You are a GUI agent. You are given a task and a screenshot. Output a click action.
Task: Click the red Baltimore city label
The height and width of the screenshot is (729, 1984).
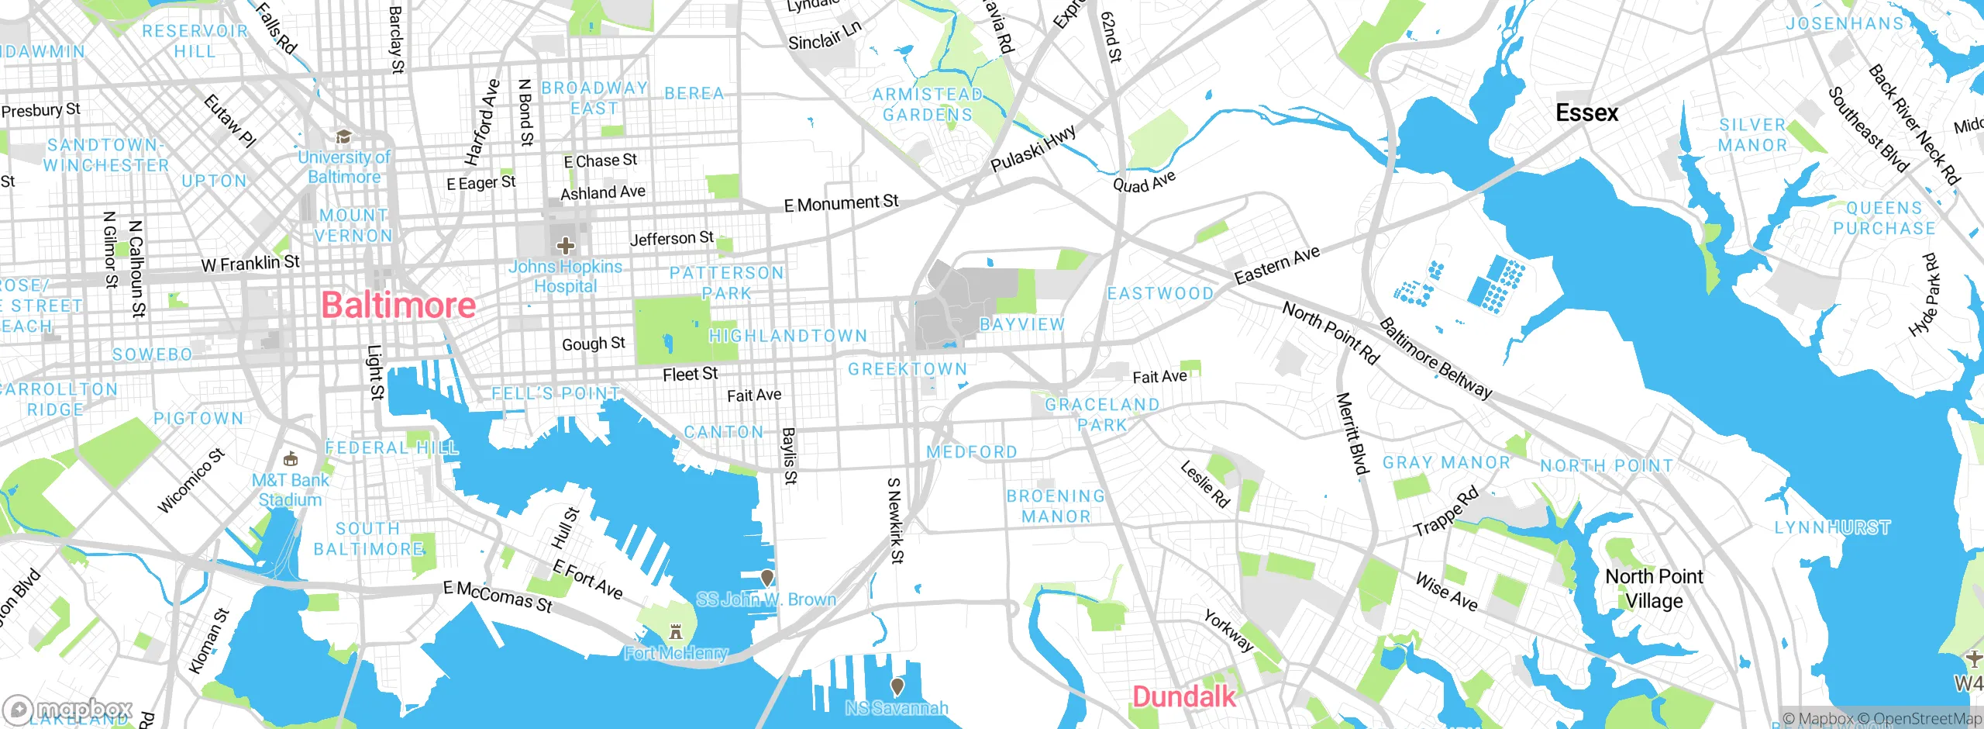pyautogui.click(x=398, y=305)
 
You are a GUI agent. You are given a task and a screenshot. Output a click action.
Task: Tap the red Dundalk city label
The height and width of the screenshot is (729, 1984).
pyautogui.click(x=1183, y=696)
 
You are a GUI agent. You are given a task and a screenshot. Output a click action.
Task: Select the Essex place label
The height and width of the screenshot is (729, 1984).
pyautogui.click(x=1586, y=113)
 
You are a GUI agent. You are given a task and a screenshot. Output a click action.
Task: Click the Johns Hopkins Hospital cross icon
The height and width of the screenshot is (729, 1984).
pyautogui.click(x=566, y=247)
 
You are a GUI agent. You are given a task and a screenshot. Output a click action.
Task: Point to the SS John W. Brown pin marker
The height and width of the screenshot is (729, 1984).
pyautogui.click(x=766, y=578)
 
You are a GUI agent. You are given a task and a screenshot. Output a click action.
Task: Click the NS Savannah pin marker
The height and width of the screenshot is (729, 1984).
pyautogui.click(x=897, y=686)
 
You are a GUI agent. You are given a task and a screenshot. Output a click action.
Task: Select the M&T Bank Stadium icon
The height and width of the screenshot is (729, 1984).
pyautogui.click(x=291, y=458)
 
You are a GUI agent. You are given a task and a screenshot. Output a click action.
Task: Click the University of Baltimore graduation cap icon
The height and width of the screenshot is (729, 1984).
pyautogui.click(x=343, y=137)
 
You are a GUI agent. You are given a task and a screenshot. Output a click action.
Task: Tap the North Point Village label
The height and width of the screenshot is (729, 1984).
pyautogui.click(x=1654, y=589)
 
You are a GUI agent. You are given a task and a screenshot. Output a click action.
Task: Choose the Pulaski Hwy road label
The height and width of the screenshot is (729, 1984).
pyautogui.click(x=1033, y=148)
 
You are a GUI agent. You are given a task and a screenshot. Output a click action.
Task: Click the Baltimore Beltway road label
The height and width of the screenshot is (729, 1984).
pyautogui.click(x=1435, y=358)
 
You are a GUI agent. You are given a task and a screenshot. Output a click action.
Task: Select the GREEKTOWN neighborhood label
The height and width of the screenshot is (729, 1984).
pyautogui.click(x=908, y=369)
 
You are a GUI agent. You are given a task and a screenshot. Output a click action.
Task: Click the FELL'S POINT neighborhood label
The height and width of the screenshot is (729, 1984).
pyautogui.click(x=556, y=394)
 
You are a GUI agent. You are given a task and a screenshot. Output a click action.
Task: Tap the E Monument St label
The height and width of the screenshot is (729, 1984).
pyautogui.click(x=841, y=203)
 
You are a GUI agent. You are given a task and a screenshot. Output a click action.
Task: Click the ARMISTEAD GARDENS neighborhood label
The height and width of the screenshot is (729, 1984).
pyautogui.click(x=928, y=105)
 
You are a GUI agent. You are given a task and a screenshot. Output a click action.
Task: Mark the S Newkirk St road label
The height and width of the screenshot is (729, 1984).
pyautogui.click(x=894, y=520)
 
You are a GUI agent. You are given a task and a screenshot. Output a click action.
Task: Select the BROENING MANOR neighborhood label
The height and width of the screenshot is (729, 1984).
pyautogui.click(x=1056, y=506)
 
